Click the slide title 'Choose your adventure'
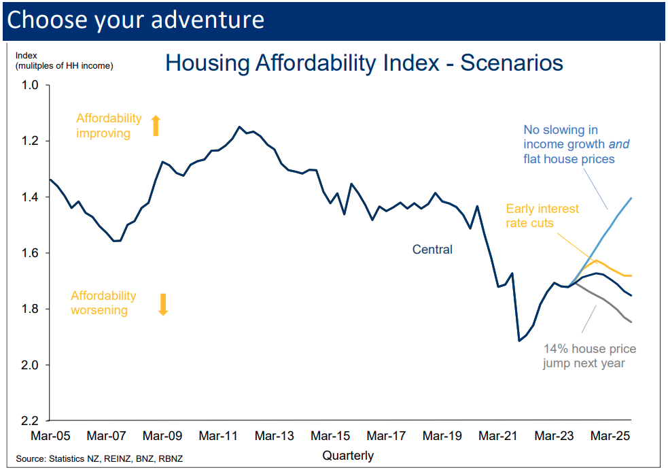135,19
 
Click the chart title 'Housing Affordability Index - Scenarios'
364,63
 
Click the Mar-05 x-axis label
51,435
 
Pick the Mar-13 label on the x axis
274,435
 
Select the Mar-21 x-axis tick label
497,435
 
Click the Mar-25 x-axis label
609,435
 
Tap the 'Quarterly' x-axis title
348,455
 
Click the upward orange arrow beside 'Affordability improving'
155,125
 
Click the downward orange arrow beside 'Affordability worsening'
162,304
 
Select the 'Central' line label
432,250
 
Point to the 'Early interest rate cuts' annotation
542,216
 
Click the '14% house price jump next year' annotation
589,356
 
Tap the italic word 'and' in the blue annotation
618,144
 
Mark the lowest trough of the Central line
519,341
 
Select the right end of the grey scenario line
632,322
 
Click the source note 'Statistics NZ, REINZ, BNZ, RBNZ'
116,459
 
